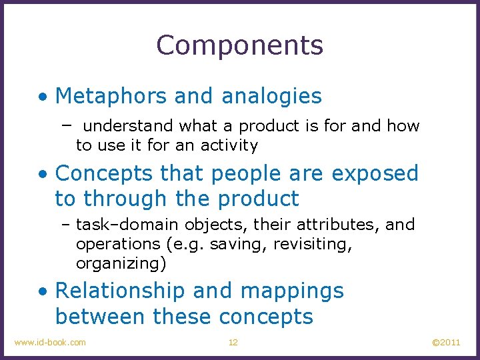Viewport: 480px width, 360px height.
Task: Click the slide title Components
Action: (240, 45)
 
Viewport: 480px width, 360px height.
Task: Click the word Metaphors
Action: (111, 96)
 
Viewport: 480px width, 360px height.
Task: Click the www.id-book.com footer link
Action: (50, 342)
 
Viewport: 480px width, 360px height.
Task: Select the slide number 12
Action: (233, 342)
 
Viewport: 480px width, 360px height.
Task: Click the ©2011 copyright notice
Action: (446, 342)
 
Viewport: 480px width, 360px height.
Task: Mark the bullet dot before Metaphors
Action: (43, 97)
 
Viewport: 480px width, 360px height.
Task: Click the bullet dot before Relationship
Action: (43, 292)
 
